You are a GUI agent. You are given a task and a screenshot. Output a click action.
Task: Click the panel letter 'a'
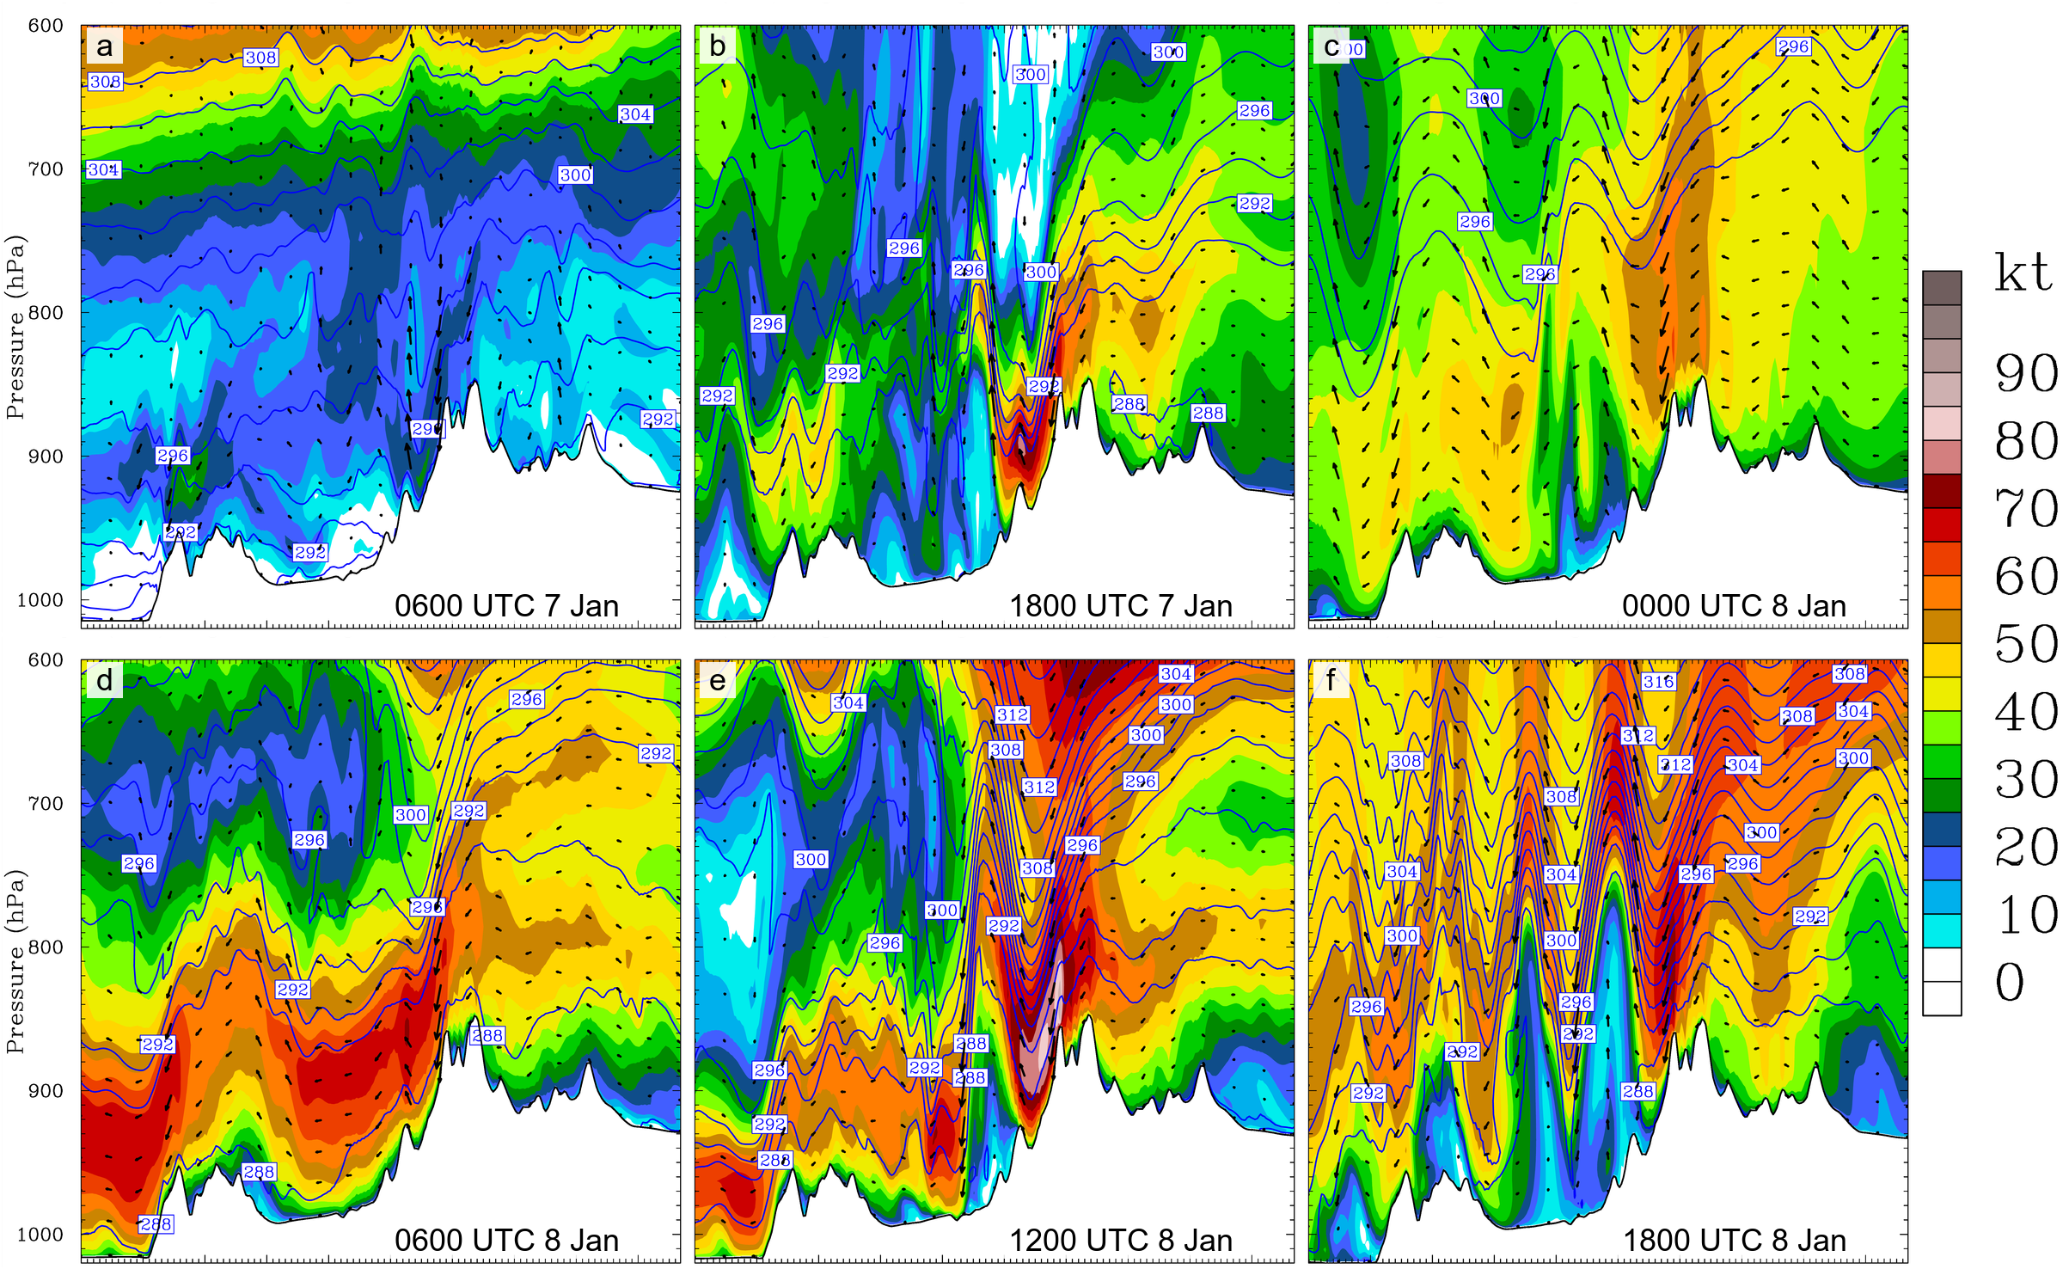[x=104, y=46]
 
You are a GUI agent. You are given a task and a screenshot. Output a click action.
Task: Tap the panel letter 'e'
[x=718, y=681]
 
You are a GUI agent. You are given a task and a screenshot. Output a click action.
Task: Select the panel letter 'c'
[x=1331, y=46]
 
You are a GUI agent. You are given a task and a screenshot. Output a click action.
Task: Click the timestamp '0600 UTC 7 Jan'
[x=506, y=606]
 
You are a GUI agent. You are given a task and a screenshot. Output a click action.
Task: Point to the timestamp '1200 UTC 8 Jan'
[x=1120, y=1241]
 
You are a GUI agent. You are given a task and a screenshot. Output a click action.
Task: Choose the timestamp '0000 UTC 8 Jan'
[x=1734, y=606]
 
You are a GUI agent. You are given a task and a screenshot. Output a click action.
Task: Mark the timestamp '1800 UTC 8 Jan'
[x=1734, y=1241]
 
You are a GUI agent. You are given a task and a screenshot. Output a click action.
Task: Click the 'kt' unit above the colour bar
[x=2023, y=273]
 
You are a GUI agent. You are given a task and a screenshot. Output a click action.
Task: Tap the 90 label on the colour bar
[x=2026, y=373]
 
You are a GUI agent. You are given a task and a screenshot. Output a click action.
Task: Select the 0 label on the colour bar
[x=2011, y=982]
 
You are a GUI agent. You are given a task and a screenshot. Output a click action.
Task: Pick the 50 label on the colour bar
[x=2026, y=644]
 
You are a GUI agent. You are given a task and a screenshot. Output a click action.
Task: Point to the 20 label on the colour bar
[x=2026, y=847]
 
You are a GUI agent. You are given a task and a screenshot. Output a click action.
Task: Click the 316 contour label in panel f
[x=1658, y=682]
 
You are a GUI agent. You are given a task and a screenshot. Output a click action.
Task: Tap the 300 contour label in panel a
[x=575, y=175]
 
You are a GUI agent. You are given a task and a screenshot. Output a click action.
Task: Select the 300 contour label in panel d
[x=411, y=815]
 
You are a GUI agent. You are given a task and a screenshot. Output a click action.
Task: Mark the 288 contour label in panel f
[x=1637, y=1092]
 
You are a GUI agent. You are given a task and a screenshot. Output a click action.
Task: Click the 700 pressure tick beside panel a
[x=46, y=169]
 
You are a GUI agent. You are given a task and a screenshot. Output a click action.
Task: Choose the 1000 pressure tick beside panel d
[x=40, y=1235]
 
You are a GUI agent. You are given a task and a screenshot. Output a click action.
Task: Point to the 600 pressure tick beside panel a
[x=46, y=26]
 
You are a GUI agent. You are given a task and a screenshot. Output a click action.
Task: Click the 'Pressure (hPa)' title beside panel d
[x=15, y=961]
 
